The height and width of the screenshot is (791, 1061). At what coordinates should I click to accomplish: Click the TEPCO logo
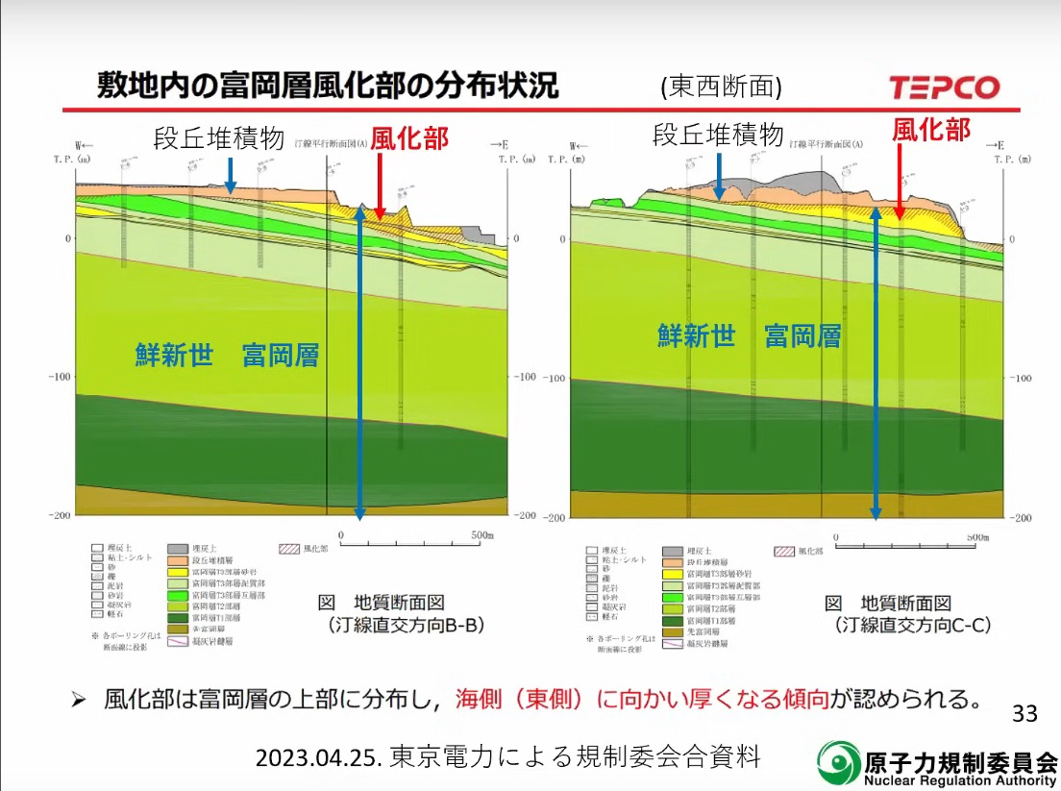click(944, 87)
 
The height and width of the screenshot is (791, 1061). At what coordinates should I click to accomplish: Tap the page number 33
click(1024, 713)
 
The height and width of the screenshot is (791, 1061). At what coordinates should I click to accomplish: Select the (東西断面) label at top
click(721, 87)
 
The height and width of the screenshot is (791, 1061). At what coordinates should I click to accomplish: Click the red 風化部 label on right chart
click(931, 129)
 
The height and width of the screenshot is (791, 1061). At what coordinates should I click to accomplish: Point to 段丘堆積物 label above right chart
click(718, 135)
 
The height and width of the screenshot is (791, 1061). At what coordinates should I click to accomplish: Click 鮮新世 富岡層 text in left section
click(227, 357)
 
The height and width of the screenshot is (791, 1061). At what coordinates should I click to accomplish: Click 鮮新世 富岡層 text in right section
click(750, 335)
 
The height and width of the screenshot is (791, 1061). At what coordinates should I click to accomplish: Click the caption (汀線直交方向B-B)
click(402, 625)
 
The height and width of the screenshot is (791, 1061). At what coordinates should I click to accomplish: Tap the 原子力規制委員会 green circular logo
click(839, 763)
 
